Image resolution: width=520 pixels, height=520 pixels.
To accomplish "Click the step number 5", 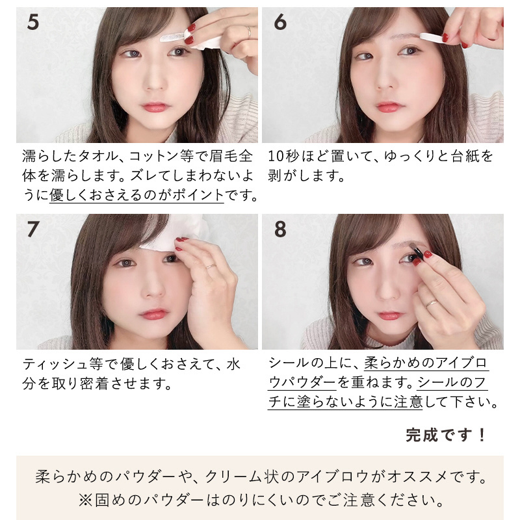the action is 33,22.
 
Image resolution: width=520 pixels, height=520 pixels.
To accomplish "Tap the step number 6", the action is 280,22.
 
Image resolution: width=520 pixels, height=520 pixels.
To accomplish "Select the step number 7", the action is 33,229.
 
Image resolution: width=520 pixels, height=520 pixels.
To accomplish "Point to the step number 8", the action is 280,229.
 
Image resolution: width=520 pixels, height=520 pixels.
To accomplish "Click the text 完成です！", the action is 446,435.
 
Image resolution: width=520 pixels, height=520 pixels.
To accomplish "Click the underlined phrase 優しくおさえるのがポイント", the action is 136,194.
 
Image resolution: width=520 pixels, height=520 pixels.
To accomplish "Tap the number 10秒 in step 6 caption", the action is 283,156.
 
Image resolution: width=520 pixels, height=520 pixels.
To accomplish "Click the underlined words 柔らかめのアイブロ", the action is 426,363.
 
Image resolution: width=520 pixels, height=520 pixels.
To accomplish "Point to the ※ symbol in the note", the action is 86,500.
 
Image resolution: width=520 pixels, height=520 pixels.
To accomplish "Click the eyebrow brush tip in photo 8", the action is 413,246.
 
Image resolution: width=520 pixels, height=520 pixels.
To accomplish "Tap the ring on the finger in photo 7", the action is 211,266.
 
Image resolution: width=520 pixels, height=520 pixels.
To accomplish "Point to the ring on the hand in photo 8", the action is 432,303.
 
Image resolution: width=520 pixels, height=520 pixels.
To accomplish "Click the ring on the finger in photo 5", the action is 249,32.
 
